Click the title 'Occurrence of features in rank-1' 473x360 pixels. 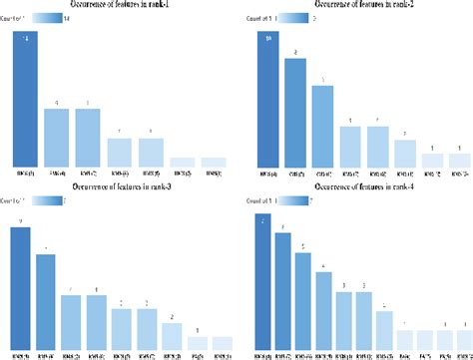[123, 6]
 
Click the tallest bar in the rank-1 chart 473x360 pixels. [25, 100]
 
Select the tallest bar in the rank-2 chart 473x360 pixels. [267, 100]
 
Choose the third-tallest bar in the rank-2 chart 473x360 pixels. [322, 126]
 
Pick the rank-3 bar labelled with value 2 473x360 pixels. [171, 337]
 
